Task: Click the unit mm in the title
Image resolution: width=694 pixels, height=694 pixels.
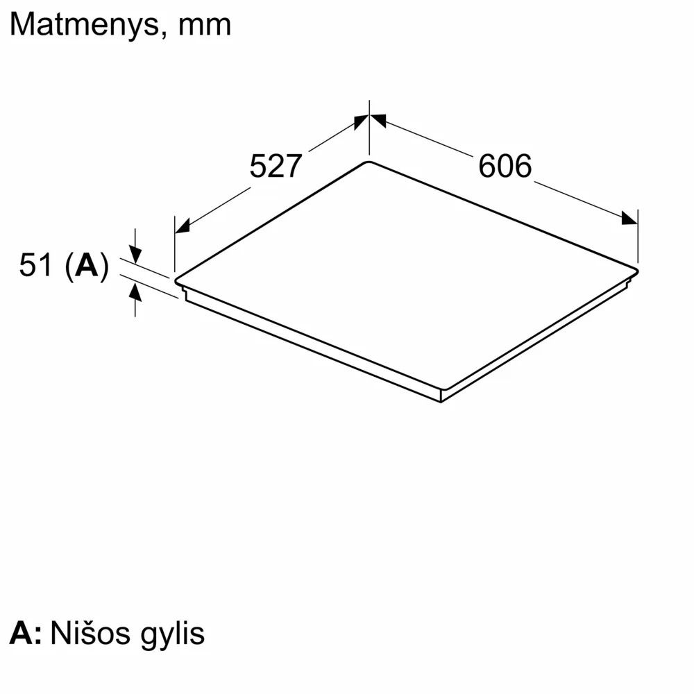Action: click(x=205, y=26)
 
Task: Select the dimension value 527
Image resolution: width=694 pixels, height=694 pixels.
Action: click(x=276, y=166)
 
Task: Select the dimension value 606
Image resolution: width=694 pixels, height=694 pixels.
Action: click(x=505, y=166)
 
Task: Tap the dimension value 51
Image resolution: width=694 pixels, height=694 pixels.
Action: click(x=35, y=265)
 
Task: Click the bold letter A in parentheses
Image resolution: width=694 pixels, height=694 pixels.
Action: click(x=86, y=265)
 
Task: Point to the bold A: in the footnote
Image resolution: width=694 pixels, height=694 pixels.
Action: click(x=26, y=633)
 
